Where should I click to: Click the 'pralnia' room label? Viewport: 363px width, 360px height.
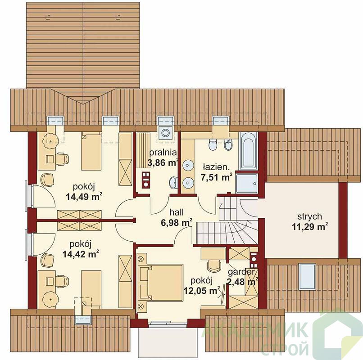coord(163,153)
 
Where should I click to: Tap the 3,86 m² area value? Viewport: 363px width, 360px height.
coord(163,162)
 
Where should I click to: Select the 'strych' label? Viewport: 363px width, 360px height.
coord(309,216)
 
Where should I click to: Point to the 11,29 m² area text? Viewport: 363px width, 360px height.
coord(310,226)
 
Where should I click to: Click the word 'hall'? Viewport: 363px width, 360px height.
coord(177,212)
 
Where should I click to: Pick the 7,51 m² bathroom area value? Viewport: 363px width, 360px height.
coord(217,177)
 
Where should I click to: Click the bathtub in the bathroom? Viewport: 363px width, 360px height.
coord(248,151)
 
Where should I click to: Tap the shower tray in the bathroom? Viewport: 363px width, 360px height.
coord(247,184)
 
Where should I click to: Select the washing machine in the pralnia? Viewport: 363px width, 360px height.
coord(165,133)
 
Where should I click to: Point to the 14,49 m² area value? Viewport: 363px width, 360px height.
coord(84,197)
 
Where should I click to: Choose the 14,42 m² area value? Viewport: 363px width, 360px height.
coord(81,254)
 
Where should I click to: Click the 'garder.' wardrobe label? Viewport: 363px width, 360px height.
coord(241,272)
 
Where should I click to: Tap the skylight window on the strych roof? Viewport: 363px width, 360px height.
coord(307,276)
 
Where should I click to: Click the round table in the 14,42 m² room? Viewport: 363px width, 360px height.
coord(50,299)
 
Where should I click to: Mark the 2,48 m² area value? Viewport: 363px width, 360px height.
coord(243,282)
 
